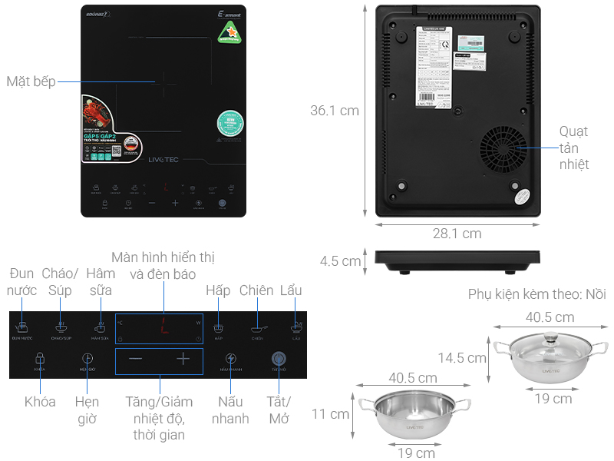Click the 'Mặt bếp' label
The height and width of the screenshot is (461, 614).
tap(31, 81)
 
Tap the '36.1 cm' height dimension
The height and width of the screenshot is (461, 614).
tap(334, 111)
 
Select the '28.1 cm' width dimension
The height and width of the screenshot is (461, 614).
tap(457, 234)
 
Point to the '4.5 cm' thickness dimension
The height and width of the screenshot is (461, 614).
tap(340, 261)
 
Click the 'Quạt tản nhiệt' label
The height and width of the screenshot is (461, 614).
tap(573, 148)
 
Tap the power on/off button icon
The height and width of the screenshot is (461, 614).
tap(279, 359)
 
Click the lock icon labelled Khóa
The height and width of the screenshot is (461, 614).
tap(40, 359)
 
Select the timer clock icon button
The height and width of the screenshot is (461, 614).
tap(87, 359)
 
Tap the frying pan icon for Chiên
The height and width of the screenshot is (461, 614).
tap(256, 327)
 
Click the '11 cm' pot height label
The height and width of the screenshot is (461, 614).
tap(330, 414)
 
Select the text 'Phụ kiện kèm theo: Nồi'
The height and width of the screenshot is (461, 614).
tap(536, 295)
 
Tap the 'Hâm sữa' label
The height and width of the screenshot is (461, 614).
tap(100, 282)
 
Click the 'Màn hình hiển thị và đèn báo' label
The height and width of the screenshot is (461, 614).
tap(163, 265)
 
